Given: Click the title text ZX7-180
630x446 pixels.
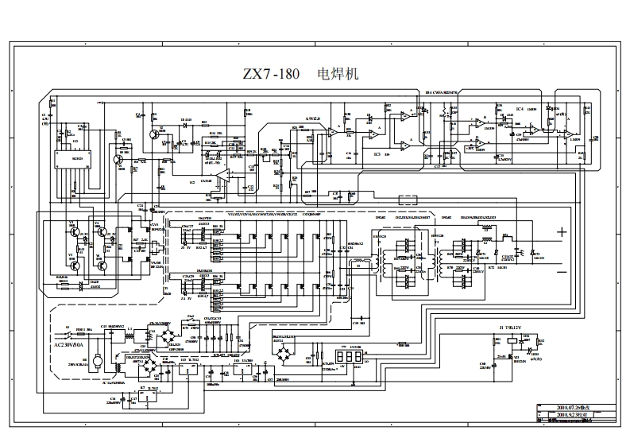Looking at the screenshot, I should click(271, 76).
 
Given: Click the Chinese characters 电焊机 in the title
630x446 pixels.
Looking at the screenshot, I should click(338, 75).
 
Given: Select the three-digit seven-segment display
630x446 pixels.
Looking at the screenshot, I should click(345, 359).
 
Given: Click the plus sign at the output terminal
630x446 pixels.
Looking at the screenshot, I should click(562, 232).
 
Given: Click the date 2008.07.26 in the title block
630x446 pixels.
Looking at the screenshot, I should click(566, 406).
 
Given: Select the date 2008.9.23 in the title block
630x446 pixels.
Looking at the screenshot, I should click(566, 414).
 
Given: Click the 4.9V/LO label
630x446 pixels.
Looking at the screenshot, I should click(311, 119).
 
